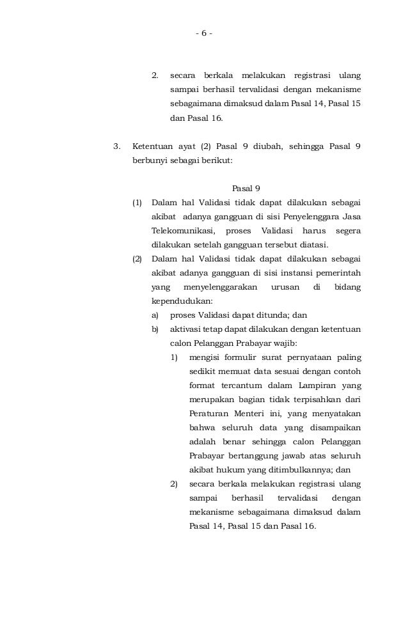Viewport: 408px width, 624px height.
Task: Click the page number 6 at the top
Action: (204, 33)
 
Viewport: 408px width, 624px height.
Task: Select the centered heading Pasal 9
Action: (246, 189)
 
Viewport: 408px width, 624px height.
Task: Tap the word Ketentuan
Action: (152, 146)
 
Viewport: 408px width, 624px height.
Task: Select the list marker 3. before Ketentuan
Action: (116, 146)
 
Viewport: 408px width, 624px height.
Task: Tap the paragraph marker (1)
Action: (137, 203)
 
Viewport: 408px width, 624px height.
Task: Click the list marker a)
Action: (155, 315)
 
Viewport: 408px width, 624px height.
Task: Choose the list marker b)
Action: (155, 329)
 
